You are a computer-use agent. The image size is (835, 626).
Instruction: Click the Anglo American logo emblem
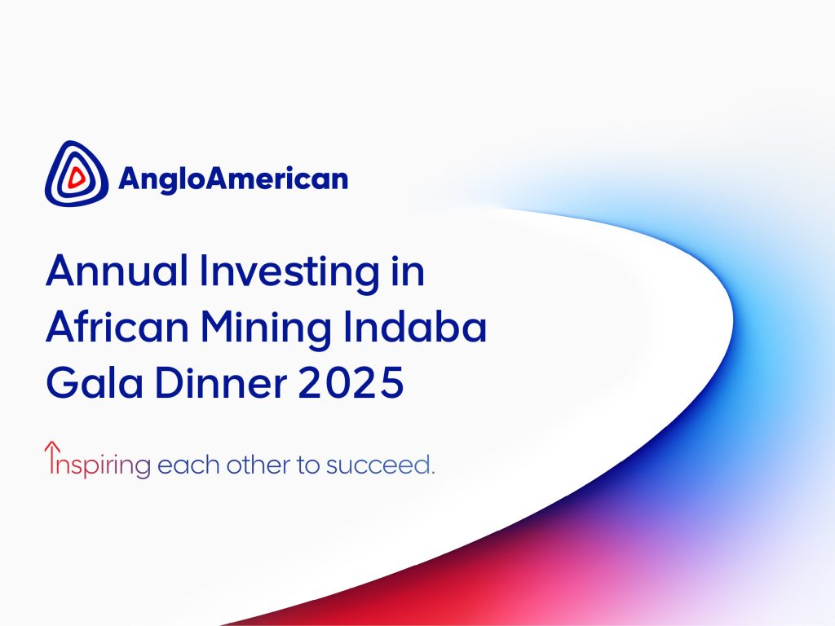click(76, 173)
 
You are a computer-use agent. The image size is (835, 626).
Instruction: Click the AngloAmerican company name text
click(233, 179)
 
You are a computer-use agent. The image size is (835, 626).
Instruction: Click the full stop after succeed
click(432, 472)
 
